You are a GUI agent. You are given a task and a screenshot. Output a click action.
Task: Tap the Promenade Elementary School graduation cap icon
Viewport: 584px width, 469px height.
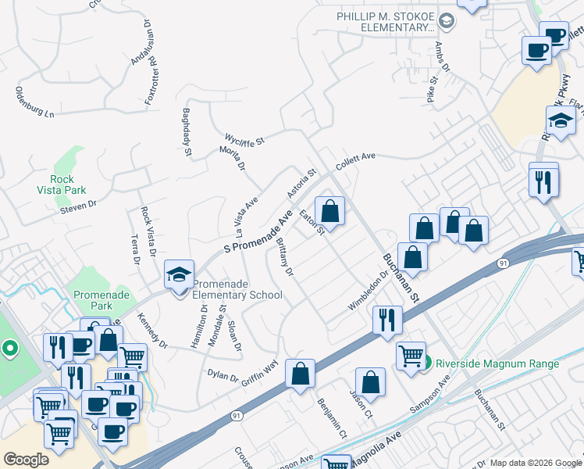[x=179, y=275]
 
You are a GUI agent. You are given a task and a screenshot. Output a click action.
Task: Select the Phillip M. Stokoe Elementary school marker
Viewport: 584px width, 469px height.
[x=447, y=19]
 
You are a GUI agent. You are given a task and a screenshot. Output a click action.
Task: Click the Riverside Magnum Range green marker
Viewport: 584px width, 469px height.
[x=427, y=363]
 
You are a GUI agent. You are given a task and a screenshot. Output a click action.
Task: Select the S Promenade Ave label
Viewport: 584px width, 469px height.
[x=258, y=231]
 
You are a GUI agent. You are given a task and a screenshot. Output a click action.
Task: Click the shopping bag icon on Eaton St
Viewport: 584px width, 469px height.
[x=330, y=211]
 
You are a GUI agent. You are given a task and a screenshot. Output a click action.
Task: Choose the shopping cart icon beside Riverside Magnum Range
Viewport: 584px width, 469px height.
[x=410, y=356]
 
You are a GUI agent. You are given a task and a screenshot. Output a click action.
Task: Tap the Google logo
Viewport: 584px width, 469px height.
[x=26, y=459]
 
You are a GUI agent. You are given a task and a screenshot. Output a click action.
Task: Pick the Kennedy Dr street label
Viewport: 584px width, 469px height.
[x=152, y=331]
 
